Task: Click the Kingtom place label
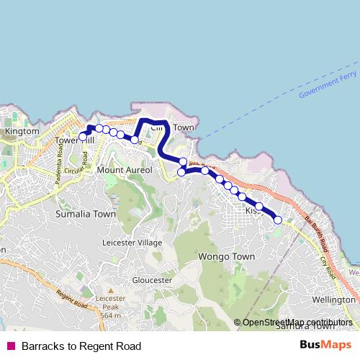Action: [21, 132]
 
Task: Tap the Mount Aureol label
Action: [125, 170]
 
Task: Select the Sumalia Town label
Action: [86, 214]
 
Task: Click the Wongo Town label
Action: [225, 256]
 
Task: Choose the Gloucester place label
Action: [152, 279]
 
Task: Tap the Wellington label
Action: [335, 299]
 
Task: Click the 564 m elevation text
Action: [110, 315]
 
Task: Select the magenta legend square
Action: [10, 346]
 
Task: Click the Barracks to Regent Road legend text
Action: [81, 346]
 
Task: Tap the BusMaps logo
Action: [325, 345]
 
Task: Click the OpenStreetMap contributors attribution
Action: [297, 323]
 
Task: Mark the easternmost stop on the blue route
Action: [278, 220]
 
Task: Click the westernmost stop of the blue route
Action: [83, 136]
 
